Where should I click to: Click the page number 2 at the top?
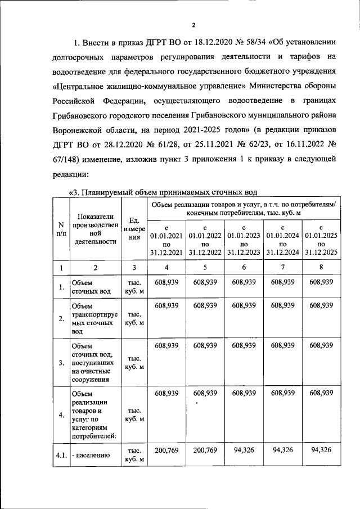pos(193,25)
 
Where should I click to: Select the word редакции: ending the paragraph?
pos(71,174)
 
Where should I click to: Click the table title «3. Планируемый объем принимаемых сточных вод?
pos(163,193)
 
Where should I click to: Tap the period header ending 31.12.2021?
pos(166,239)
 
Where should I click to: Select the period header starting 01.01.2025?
pos(321,239)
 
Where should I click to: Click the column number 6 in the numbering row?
pos(244,268)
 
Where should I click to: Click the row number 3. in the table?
pos(60,362)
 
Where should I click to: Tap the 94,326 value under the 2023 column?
pos(244,450)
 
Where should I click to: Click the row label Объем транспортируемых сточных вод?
pos(93,319)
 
